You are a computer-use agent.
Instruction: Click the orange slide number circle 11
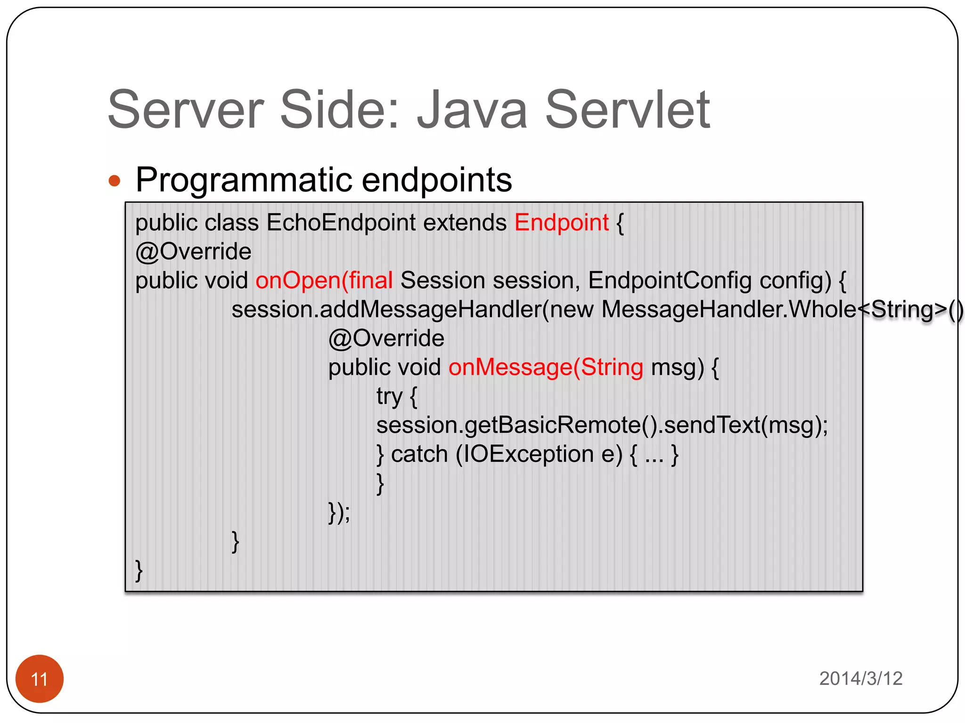39,678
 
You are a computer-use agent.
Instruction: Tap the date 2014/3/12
860,678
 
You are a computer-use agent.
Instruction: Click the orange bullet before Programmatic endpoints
114,181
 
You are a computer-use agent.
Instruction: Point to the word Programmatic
244,180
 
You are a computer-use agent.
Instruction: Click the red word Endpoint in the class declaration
561,222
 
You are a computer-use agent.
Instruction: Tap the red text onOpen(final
324,281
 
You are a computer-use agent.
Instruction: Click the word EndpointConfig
670,281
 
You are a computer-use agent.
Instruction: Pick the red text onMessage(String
545,367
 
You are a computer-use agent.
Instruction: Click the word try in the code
389,396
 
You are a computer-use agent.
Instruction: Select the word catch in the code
419,454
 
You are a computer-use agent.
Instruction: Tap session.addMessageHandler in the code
386,310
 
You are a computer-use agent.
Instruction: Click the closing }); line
339,512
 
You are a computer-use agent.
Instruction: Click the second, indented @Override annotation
386,338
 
